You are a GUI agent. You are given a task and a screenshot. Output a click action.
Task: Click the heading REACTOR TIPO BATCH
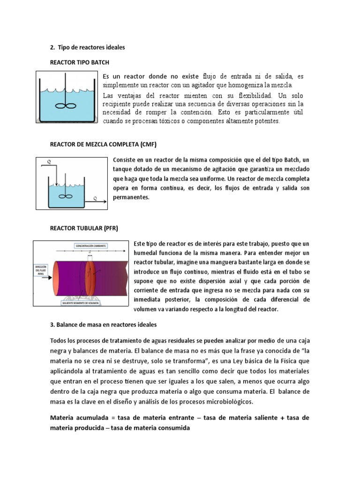80,62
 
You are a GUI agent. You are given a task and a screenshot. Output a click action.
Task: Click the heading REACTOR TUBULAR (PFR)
84,228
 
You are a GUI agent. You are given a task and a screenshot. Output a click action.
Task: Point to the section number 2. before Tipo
52,47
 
